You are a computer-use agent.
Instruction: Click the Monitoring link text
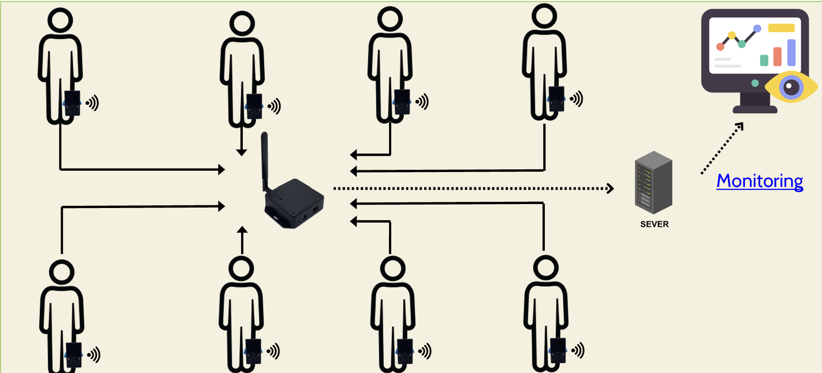(760, 181)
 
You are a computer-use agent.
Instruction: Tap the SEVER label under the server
(654, 224)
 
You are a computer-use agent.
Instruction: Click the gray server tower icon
(653, 182)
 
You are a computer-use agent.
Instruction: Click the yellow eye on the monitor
(791, 87)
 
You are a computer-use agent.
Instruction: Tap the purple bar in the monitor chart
(791, 52)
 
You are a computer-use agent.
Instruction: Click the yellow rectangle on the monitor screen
(781, 28)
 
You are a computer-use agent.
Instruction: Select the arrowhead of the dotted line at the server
(610, 188)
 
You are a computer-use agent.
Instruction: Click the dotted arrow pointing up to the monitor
(723, 148)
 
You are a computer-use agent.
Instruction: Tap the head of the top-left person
(60, 20)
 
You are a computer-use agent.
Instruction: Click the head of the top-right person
(544, 16)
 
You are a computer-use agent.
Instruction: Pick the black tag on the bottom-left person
(74, 354)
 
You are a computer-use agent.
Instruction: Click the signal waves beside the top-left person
(93, 103)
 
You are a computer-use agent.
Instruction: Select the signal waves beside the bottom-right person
(578, 350)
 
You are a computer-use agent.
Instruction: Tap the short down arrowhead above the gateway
(242, 152)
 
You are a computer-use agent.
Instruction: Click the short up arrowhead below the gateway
(242, 230)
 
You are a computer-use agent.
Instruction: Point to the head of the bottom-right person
(545, 267)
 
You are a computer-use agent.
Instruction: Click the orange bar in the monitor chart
(778, 57)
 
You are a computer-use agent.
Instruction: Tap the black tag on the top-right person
(556, 98)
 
